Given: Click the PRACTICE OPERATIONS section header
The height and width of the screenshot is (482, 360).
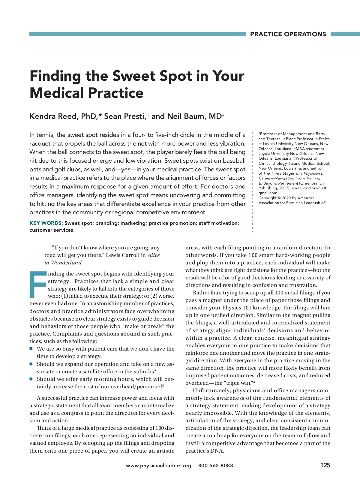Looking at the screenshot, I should click(288, 34).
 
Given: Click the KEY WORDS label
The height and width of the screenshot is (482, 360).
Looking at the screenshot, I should click(46, 223).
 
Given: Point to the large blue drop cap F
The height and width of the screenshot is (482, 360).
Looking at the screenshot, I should click(38, 284).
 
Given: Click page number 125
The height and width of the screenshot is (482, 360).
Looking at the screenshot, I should click(325, 465).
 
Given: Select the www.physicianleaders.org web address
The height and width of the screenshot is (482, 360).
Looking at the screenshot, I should click(158, 465).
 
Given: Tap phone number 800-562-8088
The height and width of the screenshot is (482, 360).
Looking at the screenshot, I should click(215, 465).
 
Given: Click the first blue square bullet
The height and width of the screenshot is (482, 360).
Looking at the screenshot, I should click(31, 349).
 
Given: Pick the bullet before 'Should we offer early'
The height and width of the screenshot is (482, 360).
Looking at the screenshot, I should click(31, 379).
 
